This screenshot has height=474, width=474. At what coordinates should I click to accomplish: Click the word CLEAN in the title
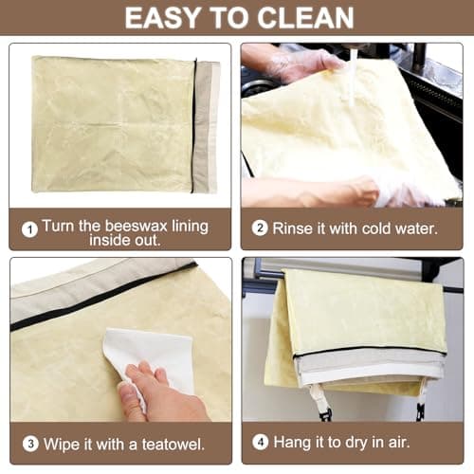point(306,17)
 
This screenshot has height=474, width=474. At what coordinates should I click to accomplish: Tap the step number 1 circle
point(30,229)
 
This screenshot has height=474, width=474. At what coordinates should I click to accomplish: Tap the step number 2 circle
point(259,229)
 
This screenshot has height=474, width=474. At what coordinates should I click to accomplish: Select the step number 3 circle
point(29,443)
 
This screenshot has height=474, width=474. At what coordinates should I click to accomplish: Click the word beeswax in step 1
point(122,228)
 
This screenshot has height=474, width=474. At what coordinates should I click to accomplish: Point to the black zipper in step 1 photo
point(194,123)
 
